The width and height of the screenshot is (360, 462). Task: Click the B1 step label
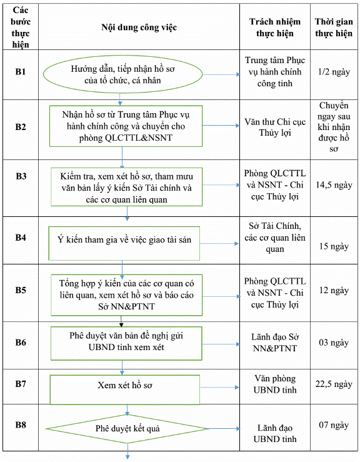[x=21, y=72]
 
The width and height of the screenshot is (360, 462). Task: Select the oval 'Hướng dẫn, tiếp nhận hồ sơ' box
[x=122, y=74]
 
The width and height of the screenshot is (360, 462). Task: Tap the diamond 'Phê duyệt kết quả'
[x=127, y=429]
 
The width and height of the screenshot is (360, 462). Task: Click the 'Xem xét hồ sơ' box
[x=125, y=389]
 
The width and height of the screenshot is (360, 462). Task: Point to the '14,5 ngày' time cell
[x=334, y=185]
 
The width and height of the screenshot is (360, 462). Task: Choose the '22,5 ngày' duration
[x=334, y=384]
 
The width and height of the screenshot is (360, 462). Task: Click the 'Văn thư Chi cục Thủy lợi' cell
[x=275, y=128]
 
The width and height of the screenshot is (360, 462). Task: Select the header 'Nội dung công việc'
[x=139, y=28]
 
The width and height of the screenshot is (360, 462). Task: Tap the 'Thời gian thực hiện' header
[x=334, y=28]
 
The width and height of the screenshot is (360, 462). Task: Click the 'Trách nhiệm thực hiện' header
[x=275, y=28]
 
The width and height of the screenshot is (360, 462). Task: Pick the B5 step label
[x=21, y=290]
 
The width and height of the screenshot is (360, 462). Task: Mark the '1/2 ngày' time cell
[x=334, y=72]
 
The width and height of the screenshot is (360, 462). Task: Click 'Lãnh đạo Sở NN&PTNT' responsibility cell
[x=275, y=343]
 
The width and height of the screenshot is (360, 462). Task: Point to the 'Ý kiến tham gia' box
[x=124, y=243]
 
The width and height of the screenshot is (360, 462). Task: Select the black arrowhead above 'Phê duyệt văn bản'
[x=121, y=324]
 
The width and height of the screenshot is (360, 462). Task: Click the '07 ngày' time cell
[x=334, y=425]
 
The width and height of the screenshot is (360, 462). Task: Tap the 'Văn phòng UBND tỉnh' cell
[x=275, y=384]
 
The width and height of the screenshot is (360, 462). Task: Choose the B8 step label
[x=21, y=425]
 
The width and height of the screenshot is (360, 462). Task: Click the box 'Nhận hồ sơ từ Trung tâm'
[x=126, y=126]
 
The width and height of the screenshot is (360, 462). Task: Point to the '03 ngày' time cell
[x=334, y=343]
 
